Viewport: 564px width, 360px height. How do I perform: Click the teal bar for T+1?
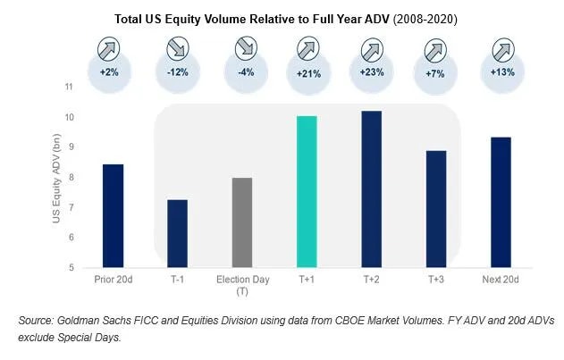coord(307,191)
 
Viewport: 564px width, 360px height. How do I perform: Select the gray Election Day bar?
coord(242,222)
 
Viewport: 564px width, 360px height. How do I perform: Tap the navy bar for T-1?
coord(178,233)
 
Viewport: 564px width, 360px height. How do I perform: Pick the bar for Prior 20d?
coord(113,215)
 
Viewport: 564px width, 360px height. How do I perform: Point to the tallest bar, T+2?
coord(371,188)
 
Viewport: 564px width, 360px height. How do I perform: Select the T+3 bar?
coord(436,209)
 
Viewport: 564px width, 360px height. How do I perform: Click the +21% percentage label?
coord(307,72)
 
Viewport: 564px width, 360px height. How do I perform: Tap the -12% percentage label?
coord(179,72)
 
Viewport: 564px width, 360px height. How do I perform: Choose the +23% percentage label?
coord(372,72)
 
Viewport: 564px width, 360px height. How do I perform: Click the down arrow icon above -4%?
coord(242,46)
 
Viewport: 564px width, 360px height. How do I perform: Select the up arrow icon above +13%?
coord(501,46)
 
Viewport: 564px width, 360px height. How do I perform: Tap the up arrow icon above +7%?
coord(436,46)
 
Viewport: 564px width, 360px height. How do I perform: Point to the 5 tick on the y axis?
coord(71,267)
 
